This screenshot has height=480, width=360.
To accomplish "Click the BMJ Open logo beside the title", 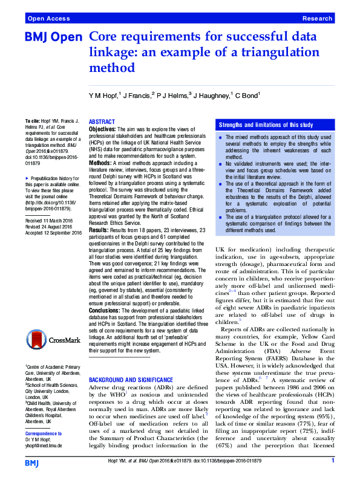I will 53,37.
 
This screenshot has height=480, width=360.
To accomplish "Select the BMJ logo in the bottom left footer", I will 33,462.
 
